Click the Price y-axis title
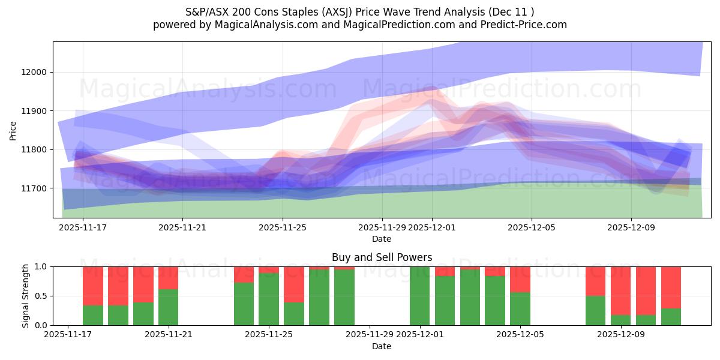[x=13, y=130]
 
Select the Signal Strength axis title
[x=25, y=296]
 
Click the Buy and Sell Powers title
[x=382, y=257]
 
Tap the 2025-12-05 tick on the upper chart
[x=531, y=227]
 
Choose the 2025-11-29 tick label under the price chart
[x=382, y=227]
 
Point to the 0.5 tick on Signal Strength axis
[x=42, y=296]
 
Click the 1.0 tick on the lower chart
[x=42, y=266]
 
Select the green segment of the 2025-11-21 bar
[x=169, y=307]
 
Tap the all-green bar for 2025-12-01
[x=419, y=296]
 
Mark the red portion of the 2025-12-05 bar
[x=520, y=279]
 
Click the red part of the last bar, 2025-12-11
[x=671, y=287]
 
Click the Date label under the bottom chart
[x=382, y=346]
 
